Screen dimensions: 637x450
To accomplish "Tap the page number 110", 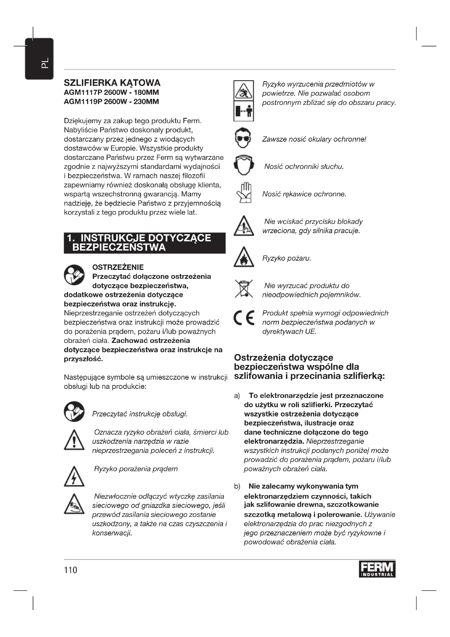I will point(70,570).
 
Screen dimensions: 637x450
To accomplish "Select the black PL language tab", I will point(39,59).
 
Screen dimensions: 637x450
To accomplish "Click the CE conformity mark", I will point(244,318).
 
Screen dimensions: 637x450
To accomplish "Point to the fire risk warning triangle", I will point(244,257).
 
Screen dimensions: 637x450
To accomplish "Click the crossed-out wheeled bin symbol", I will point(244,289).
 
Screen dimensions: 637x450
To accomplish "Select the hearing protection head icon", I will point(244,165).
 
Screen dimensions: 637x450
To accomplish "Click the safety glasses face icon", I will point(244,138).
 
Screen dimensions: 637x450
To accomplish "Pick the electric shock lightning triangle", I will point(74,476).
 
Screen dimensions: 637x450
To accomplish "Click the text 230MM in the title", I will point(146,102).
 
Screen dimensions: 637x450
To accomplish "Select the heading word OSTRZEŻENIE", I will point(118,267).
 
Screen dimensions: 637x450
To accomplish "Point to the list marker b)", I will point(237,486).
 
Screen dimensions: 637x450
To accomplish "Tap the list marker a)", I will point(237,396).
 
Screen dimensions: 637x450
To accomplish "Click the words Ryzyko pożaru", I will point(286,258).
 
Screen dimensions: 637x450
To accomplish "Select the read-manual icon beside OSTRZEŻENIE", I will point(74,275).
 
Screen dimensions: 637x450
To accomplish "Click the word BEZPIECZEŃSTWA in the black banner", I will point(119,247).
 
